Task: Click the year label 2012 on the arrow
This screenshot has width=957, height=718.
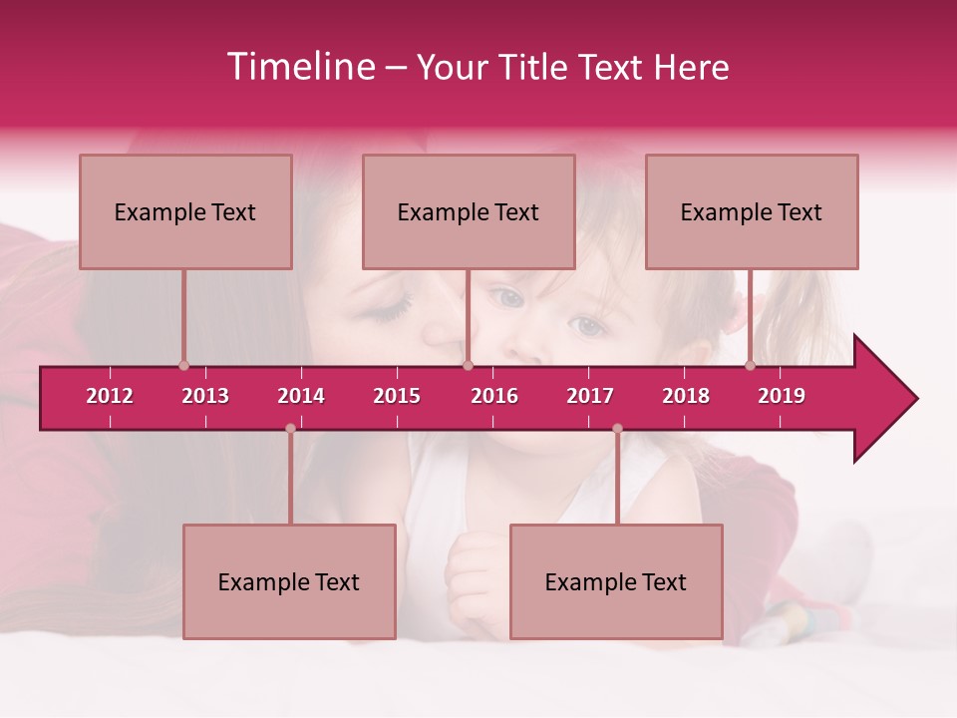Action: [x=110, y=396]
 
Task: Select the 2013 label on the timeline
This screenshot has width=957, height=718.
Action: [x=205, y=396]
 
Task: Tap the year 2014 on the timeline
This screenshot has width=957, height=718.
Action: [x=301, y=396]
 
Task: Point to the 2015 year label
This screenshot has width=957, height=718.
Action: [x=397, y=396]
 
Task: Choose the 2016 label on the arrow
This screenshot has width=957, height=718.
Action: [x=494, y=396]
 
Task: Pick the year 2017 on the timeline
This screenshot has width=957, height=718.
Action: [x=590, y=396]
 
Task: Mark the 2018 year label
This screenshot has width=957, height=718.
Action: [x=686, y=396]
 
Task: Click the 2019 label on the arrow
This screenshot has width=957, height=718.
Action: [x=782, y=396]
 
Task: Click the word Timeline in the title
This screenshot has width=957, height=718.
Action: [x=299, y=67]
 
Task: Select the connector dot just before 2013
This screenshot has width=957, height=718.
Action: [x=184, y=366]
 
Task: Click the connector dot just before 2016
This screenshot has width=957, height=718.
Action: [x=468, y=366]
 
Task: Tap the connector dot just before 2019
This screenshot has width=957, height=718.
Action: [x=751, y=366]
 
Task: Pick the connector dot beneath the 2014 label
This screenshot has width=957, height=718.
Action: [x=290, y=429]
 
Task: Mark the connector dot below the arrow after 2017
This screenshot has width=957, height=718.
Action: [x=617, y=429]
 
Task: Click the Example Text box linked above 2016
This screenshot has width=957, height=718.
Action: [x=469, y=211]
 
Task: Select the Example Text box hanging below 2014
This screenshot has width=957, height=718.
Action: [x=289, y=581]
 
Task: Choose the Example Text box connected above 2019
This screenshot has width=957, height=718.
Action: [x=752, y=211]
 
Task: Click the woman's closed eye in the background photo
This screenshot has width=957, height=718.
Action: [x=391, y=311]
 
